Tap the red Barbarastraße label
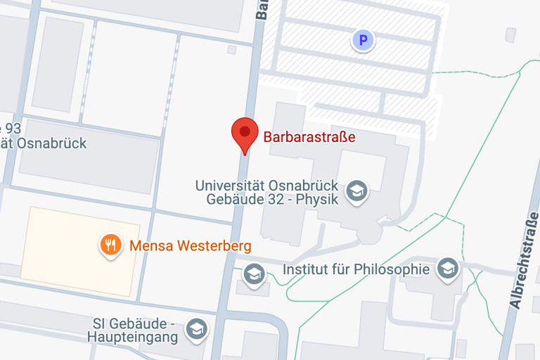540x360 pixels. click(x=309, y=137)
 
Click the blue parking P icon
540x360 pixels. click(x=363, y=41)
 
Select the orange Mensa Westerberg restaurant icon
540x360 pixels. click(x=110, y=245)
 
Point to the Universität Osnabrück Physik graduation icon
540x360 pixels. click(x=357, y=190)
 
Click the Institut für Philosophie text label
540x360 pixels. click(x=355, y=269)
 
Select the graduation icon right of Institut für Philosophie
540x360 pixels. click(x=447, y=268)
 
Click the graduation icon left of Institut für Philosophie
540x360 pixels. click(x=254, y=274)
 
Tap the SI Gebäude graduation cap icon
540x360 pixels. click(x=197, y=328)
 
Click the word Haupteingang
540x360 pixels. click(x=132, y=338)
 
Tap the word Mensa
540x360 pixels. click(x=150, y=246)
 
